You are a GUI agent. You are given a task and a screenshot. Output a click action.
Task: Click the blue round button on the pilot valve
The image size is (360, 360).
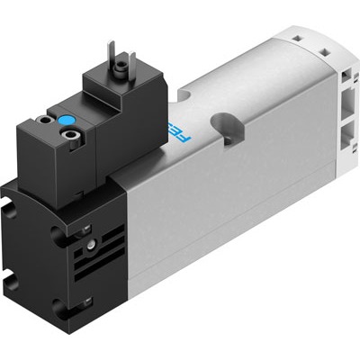click(x=66, y=120)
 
